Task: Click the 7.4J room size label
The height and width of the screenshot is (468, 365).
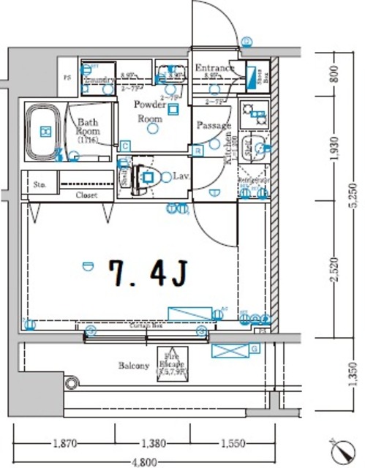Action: click(x=148, y=274)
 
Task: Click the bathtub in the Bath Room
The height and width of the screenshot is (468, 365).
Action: click(x=45, y=131)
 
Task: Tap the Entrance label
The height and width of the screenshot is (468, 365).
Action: click(x=214, y=69)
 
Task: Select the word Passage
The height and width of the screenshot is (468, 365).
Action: click(x=213, y=126)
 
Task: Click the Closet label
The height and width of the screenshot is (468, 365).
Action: click(x=86, y=195)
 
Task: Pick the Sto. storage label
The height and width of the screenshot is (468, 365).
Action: click(x=39, y=184)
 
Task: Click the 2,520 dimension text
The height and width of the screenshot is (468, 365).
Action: click(x=333, y=269)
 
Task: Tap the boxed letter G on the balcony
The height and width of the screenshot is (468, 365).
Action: click(x=254, y=349)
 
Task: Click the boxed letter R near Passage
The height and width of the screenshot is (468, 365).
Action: click(x=197, y=151)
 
